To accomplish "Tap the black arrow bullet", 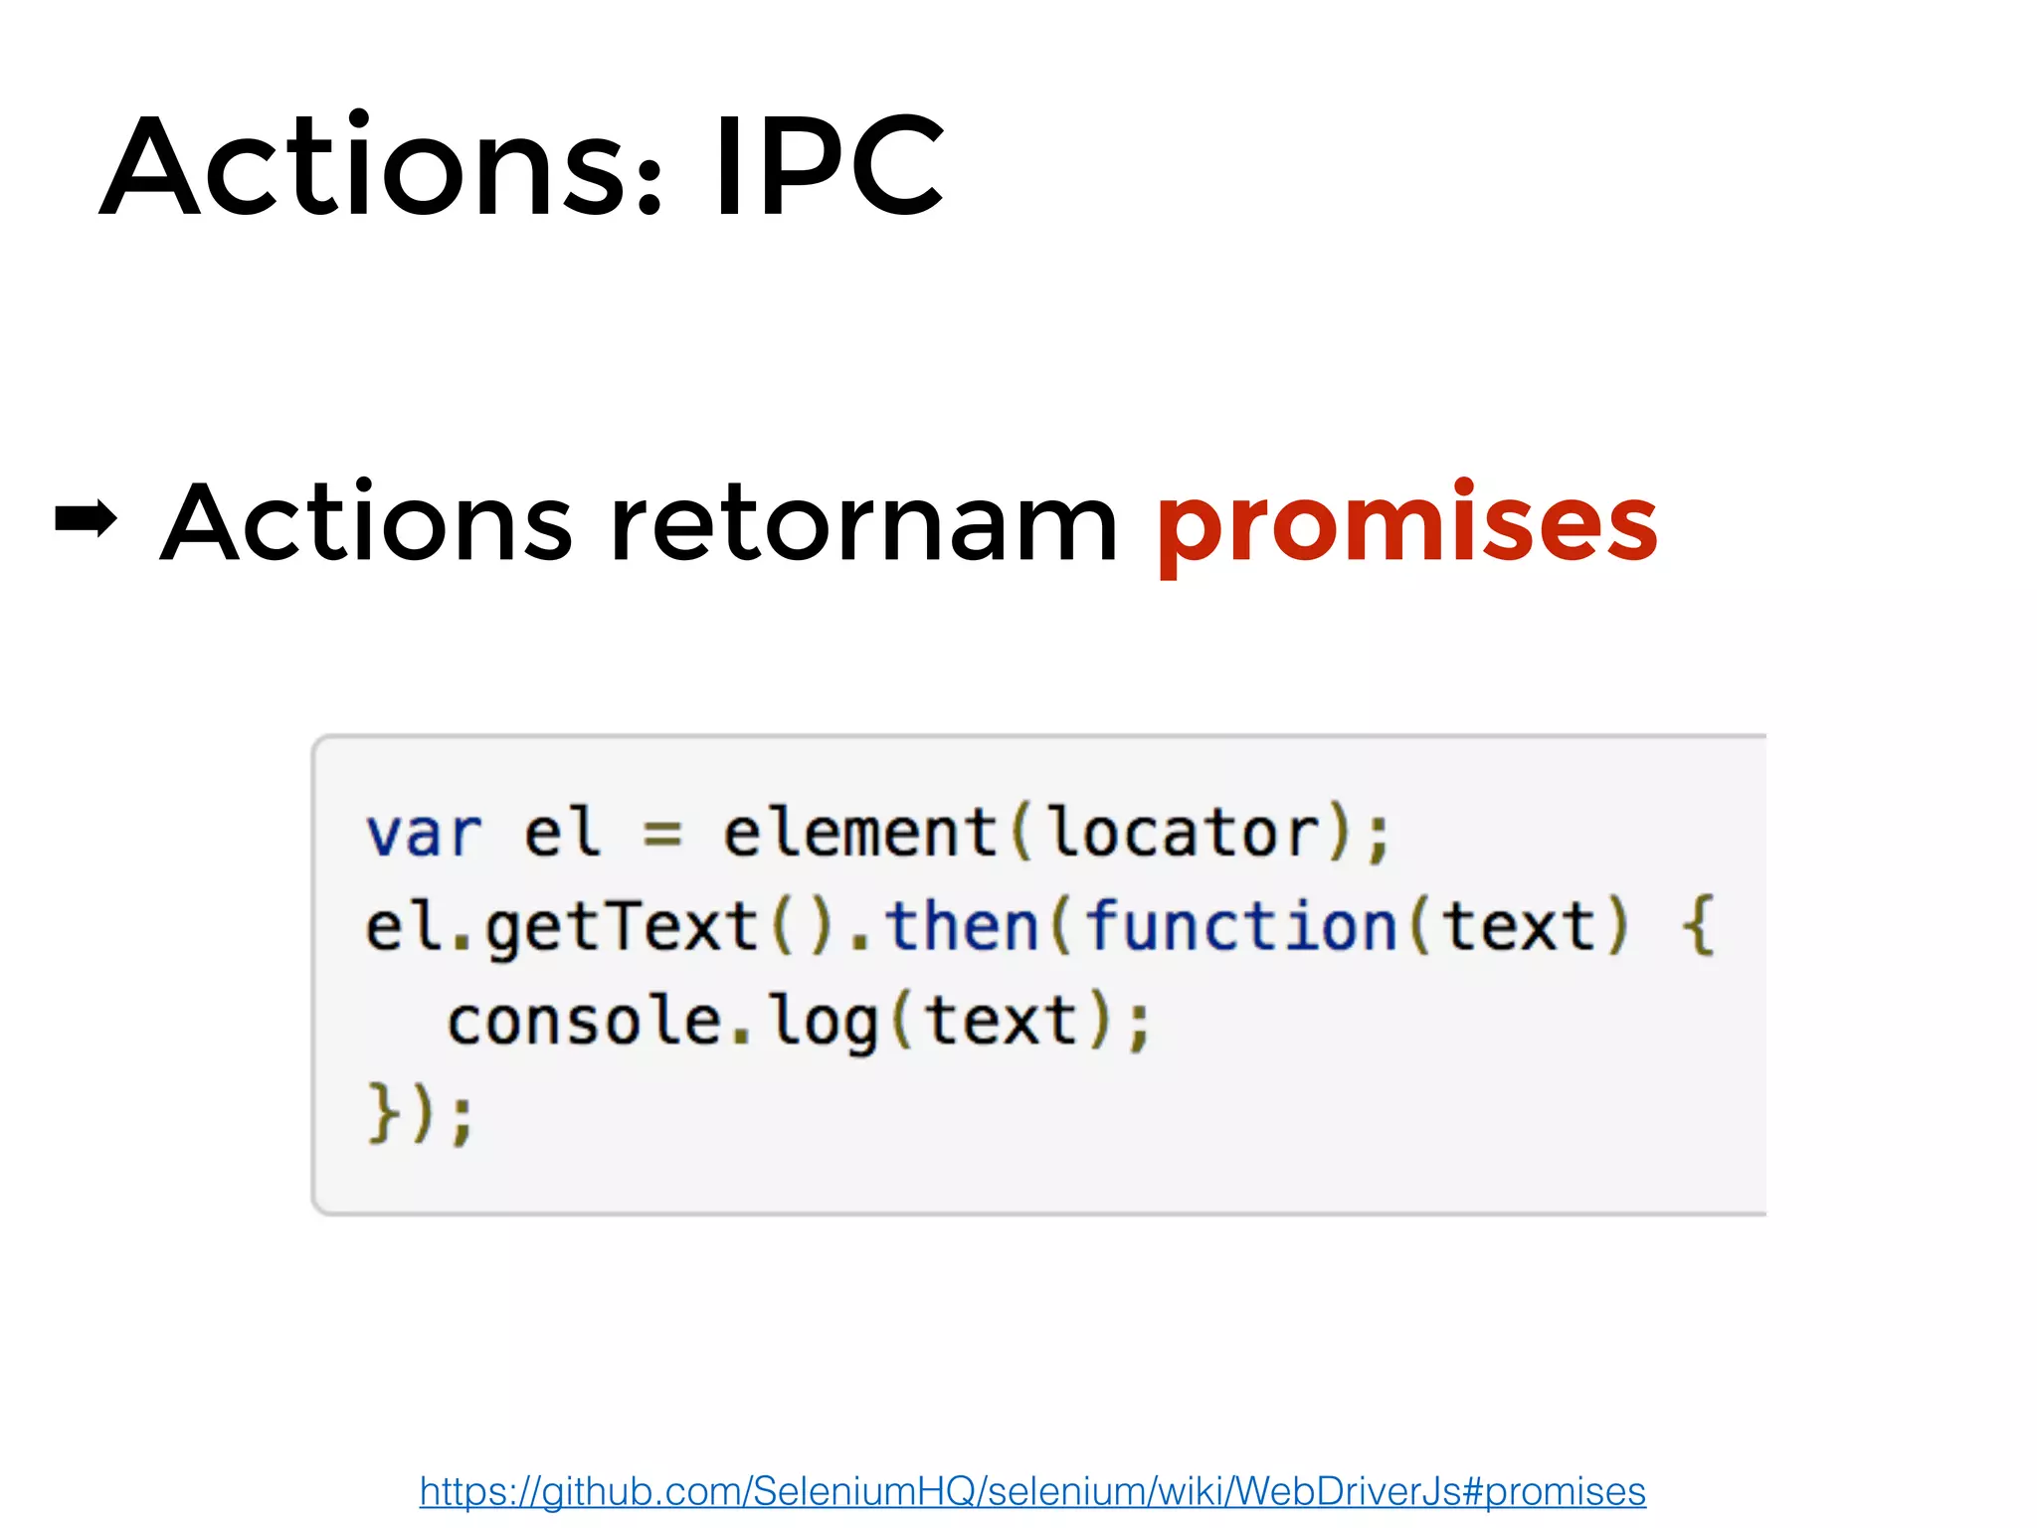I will pyautogui.click(x=86, y=518).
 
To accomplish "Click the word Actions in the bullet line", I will pyautogui.click(x=366, y=522).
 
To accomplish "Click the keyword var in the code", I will pyautogui.click(x=424, y=833).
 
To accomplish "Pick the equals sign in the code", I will pyautogui.click(x=662, y=834).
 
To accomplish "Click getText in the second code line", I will pyautogui.click(x=622, y=927).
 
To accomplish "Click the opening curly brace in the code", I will pyautogui.click(x=1697, y=926).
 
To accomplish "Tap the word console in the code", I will pyautogui.click(x=584, y=1022).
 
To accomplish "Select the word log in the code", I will pyautogui.click(x=825, y=1023).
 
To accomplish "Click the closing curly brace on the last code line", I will pyautogui.click(x=383, y=1113).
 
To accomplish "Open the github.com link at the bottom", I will pyautogui.click(x=1032, y=1491).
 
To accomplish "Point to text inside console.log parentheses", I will pyautogui.click(x=1000, y=1022).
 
